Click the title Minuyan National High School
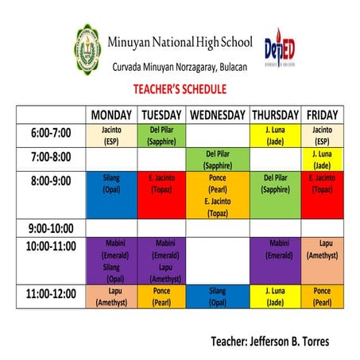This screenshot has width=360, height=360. pyautogui.click(x=183, y=41)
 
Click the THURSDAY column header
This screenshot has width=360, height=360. pyautogui.click(x=275, y=114)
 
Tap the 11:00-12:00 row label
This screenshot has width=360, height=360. pyautogui.click(x=50, y=294)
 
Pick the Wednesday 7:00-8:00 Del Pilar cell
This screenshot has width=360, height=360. pyautogui.click(x=219, y=160)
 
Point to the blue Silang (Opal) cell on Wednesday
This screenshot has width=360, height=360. pyautogui.click(x=219, y=296)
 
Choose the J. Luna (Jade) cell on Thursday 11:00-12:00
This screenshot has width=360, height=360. pyautogui.click(x=275, y=296)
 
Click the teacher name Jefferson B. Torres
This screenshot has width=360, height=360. pyautogui.click(x=269, y=342)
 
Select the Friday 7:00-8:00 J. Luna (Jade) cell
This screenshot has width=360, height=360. pyautogui.click(x=322, y=160)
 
